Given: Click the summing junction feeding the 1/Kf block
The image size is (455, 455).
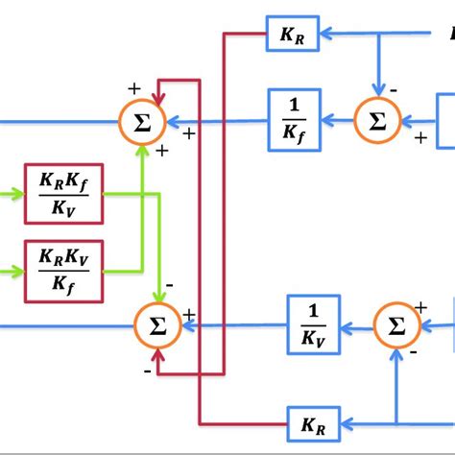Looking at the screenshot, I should (x=377, y=121).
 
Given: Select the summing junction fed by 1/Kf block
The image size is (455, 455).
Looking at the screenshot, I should (x=142, y=121).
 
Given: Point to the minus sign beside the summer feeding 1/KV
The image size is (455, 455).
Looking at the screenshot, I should (x=414, y=352).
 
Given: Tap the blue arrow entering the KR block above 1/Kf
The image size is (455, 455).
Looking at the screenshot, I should (x=331, y=35).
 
